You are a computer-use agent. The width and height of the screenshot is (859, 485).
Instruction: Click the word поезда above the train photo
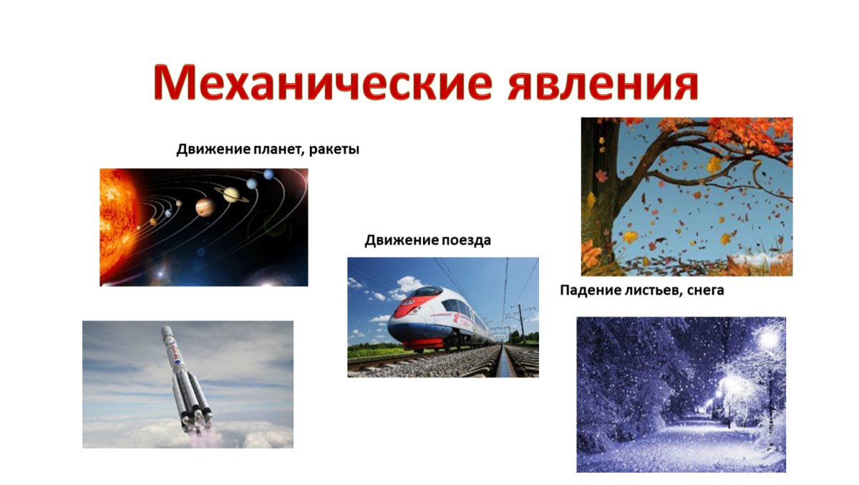click(465, 240)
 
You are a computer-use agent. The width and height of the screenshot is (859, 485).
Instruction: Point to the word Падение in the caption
click(587, 290)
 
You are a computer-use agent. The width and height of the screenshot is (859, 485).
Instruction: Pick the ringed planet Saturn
click(231, 193)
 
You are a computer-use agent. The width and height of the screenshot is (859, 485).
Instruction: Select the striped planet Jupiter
click(204, 208)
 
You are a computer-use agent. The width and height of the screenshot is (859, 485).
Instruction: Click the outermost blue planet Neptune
click(268, 174)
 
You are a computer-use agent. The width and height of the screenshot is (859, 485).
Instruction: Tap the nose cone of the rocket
click(165, 332)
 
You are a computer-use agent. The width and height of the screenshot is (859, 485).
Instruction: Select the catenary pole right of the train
click(521, 322)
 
